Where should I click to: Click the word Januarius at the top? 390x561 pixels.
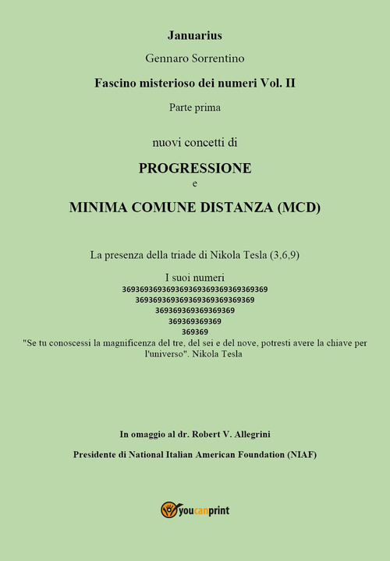point(195,35)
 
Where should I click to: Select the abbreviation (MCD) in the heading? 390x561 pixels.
point(293,208)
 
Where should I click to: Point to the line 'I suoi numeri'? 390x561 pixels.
point(195,277)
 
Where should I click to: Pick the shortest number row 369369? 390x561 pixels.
point(195,331)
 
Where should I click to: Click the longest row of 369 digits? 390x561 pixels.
point(195,289)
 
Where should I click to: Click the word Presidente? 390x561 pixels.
point(99,455)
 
